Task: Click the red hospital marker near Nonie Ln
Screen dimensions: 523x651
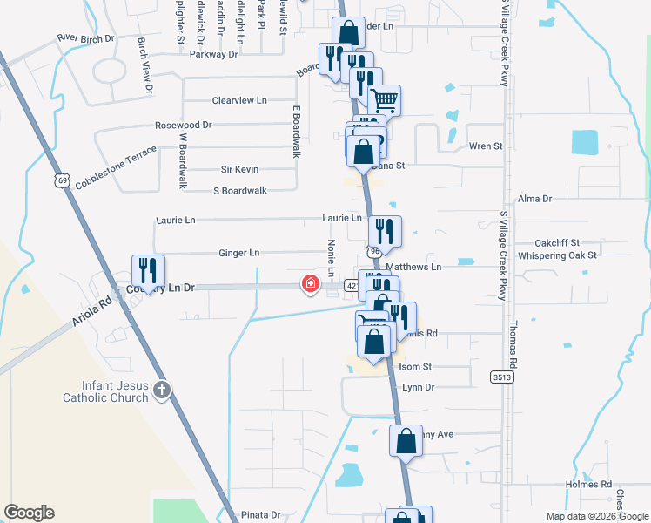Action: (x=310, y=284)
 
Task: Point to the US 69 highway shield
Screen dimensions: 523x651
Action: (x=60, y=180)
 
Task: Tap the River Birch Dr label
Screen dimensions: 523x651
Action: (x=85, y=38)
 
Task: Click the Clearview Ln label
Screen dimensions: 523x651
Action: (x=239, y=101)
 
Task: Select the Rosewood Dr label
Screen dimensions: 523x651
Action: (x=183, y=126)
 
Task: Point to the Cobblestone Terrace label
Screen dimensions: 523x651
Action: (x=116, y=167)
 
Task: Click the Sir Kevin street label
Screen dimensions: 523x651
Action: (x=239, y=169)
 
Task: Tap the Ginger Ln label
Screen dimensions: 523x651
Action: (x=239, y=253)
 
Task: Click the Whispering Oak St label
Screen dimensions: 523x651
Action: (x=557, y=255)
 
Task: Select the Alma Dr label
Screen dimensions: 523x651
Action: (x=535, y=199)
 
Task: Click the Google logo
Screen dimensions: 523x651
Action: (x=29, y=513)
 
